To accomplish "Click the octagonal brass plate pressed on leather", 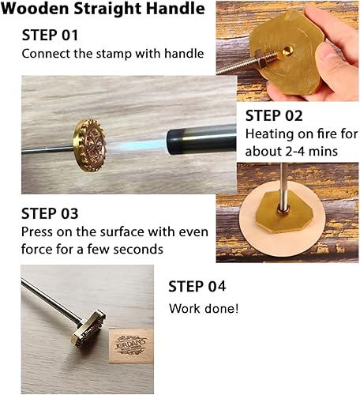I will coord(286,211).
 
